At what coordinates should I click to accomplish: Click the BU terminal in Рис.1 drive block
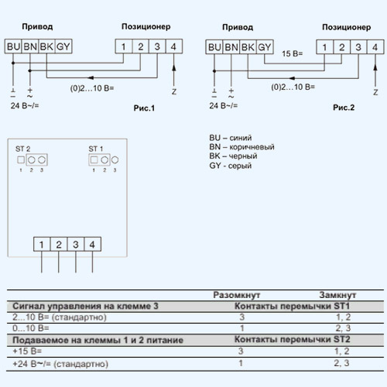(x=13, y=46)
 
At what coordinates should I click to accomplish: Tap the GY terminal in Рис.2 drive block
(x=265, y=47)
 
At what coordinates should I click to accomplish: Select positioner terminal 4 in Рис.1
(x=173, y=46)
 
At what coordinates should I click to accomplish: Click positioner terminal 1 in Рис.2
(x=324, y=47)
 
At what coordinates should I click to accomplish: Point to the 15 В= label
(x=292, y=53)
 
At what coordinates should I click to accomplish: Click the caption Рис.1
(x=144, y=108)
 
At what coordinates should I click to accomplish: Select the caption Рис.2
(x=344, y=108)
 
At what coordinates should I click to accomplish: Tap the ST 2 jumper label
(x=22, y=149)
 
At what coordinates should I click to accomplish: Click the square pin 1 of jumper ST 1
(x=94, y=160)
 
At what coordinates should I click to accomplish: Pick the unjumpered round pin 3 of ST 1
(x=115, y=160)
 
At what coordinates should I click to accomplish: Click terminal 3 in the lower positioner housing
(x=76, y=245)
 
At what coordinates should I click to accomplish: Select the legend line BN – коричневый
(x=241, y=147)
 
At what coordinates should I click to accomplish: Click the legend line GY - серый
(x=231, y=166)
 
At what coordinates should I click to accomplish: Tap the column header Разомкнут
(x=237, y=295)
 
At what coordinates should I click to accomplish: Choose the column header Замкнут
(x=337, y=295)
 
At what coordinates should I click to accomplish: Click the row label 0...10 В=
(x=31, y=328)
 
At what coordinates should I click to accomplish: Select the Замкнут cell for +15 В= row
(x=342, y=351)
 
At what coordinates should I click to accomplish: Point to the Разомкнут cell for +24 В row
(x=241, y=363)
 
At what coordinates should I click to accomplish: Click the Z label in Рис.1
(x=174, y=91)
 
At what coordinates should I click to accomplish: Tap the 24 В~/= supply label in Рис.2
(x=224, y=105)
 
